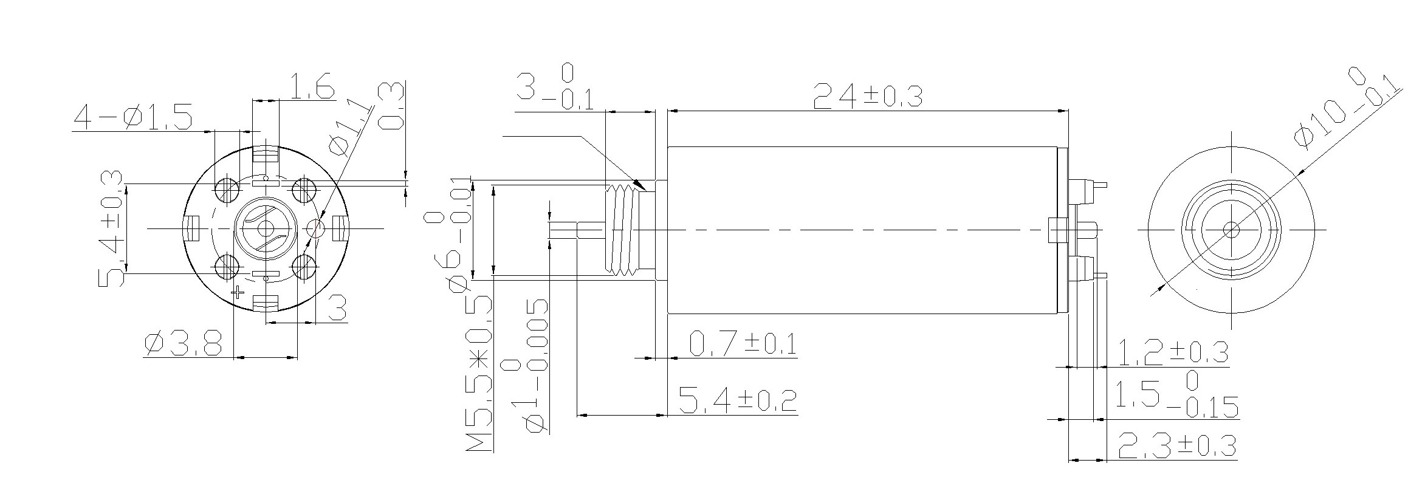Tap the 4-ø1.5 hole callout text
click(132, 118)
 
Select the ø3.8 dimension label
click(183, 345)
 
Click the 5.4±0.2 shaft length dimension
click(737, 401)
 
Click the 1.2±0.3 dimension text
click(1173, 352)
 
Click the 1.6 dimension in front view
click(311, 86)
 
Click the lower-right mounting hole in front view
click(304, 267)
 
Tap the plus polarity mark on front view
click(239, 293)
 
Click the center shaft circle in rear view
click(1231, 230)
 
